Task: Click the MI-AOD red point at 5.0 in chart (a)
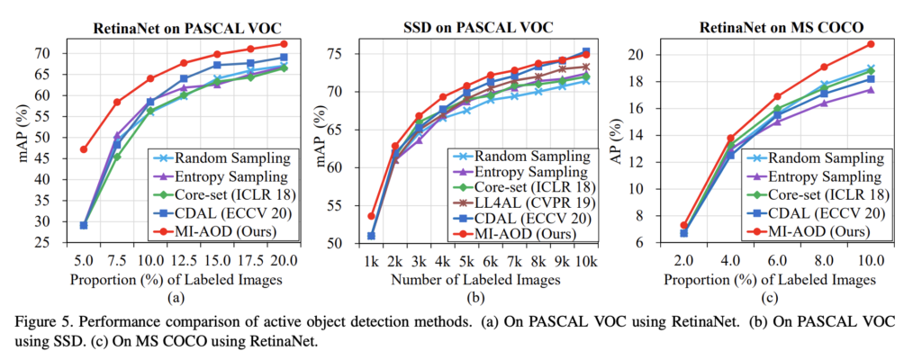pos(84,149)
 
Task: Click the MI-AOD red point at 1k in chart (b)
pos(371,216)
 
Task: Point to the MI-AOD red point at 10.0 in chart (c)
pos(871,44)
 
